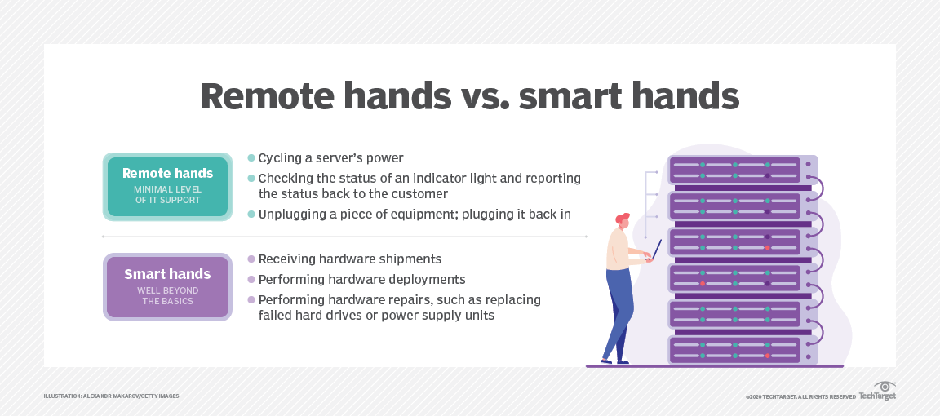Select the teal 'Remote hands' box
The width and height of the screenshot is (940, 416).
coord(166,186)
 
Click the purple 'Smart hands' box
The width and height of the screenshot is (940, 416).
coord(167,286)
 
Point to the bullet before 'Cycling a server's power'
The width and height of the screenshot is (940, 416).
coord(251,157)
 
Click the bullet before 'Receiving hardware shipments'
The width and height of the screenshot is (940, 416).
coord(251,259)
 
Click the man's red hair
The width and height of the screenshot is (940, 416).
coord(623,219)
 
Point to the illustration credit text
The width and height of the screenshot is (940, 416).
coord(111,396)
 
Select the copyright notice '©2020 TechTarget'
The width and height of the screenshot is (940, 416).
coord(800,396)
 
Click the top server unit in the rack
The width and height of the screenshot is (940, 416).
coord(734,170)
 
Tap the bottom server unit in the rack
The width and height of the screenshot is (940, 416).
coord(734,349)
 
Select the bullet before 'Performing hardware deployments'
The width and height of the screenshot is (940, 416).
coord(251,279)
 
